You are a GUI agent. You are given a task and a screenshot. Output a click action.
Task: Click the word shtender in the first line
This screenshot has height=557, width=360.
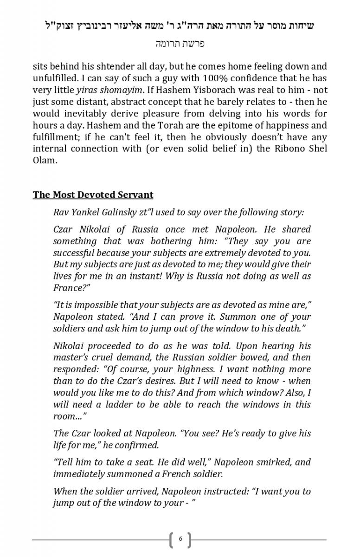pyautogui.click(x=120, y=66)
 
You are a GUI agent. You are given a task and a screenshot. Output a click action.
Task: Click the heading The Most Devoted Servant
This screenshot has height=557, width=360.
pyautogui.click(x=93, y=195)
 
